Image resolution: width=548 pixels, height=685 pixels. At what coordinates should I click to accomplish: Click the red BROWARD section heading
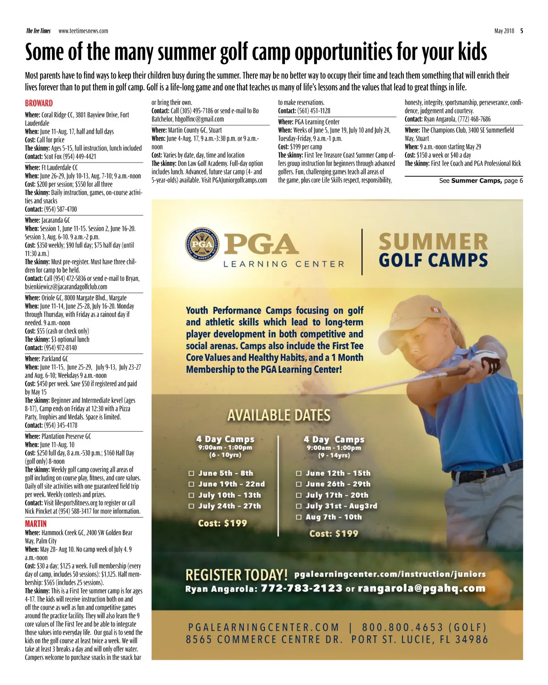(39, 104)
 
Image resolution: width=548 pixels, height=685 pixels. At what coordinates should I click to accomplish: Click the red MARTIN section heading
(36, 524)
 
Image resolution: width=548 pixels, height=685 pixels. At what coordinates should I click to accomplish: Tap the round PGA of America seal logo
(202, 244)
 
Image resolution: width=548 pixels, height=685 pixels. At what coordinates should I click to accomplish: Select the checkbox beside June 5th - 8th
(192, 474)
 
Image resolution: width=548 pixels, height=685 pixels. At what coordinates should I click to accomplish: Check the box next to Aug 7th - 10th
(299, 517)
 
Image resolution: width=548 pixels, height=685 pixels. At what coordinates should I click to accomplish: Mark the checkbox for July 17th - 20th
(299, 495)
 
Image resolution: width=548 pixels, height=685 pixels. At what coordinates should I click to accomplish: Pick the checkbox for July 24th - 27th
(192, 506)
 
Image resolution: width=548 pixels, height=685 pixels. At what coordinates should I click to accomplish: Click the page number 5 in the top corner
(522, 31)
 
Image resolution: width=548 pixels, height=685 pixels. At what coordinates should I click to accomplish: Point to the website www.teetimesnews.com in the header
(83, 31)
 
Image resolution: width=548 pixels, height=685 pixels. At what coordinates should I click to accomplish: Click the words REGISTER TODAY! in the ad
(237, 574)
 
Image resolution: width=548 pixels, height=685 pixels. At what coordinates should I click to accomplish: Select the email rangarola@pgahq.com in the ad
(422, 588)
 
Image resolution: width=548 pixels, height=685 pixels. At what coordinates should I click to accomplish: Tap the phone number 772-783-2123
(301, 588)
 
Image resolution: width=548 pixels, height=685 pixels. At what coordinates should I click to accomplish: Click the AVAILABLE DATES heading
(279, 416)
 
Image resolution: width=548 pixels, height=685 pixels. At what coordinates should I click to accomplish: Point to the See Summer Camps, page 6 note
(481, 181)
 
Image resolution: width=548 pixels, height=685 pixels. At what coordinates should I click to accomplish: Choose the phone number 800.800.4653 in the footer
(402, 627)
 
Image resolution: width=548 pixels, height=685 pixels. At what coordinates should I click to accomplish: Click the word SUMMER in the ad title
(433, 242)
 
